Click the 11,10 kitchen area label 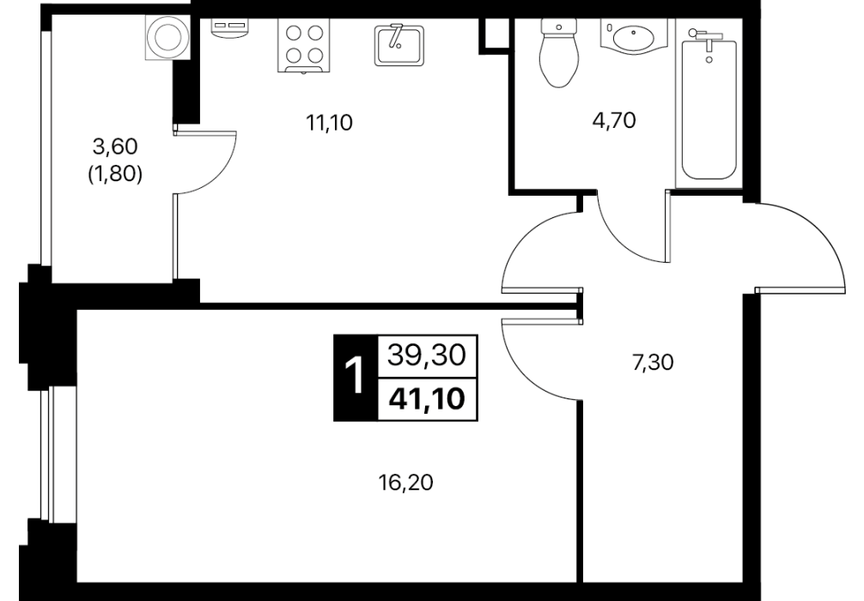point(330,123)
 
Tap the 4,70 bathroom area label point(614,120)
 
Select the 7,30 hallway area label point(653,363)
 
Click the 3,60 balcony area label point(114,147)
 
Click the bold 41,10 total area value point(427,398)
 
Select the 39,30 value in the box point(427,355)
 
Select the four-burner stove point(304,46)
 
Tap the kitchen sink point(399,46)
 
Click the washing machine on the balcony point(168,37)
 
